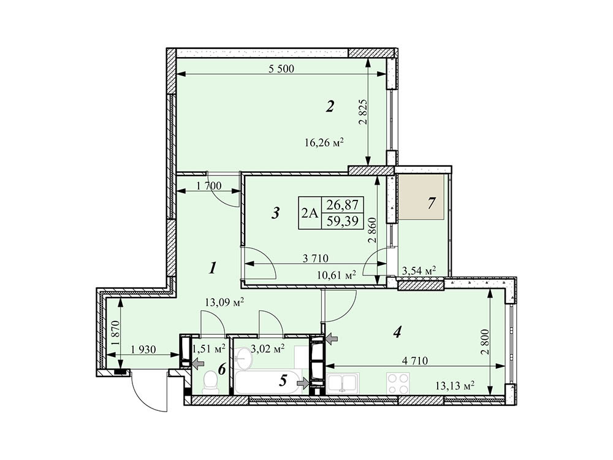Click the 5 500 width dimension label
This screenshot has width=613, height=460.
(281, 69)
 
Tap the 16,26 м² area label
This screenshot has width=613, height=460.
(324, 143)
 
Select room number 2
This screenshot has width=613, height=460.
(330, 107)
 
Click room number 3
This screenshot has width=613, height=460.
(275, 213)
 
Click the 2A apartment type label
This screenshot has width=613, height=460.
(310, 213)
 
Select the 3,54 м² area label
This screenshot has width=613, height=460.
(419, 270)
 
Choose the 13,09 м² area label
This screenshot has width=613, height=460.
(224, 301)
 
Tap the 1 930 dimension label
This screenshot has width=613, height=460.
(145, 350)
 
